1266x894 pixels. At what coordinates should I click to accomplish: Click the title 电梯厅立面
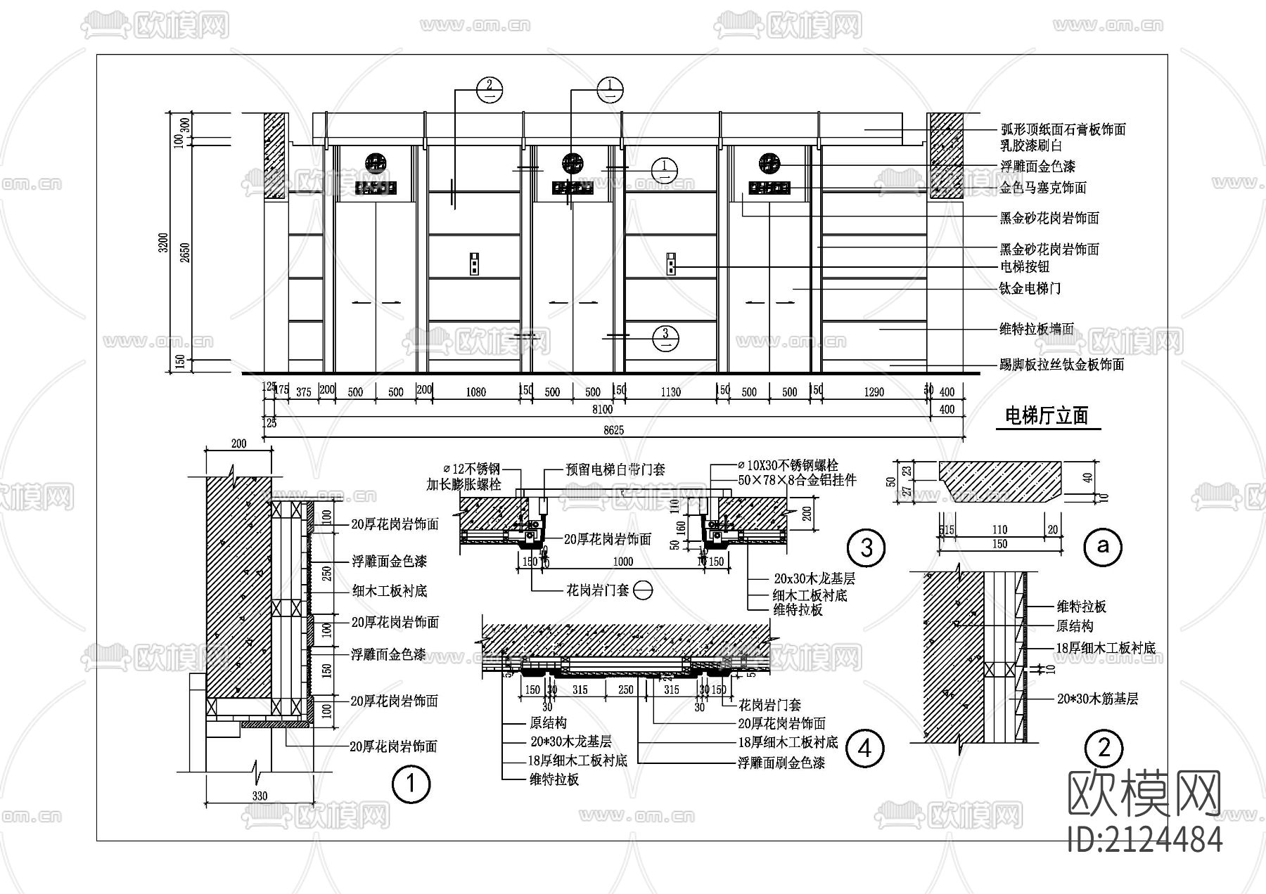pyautogui.click(x=1047, y=416)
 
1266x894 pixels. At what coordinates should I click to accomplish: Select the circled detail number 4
pyautogui.click(x=864, y=748)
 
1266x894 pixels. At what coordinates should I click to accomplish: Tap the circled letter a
pyautogui.click(x=1103, y=545)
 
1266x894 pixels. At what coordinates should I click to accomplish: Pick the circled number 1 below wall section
pyautogui.click(x=410, y=784)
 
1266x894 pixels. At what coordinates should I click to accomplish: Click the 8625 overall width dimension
pyautogui.click(x=613, y=430)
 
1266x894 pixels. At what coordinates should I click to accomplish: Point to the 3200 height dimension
pyautogui.click(x=164, y=242)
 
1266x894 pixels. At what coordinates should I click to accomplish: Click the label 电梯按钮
pyautogui.click(x=1024, y=267)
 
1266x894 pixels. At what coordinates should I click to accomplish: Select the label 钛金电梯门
pyautogui.click(x=1030, y=288)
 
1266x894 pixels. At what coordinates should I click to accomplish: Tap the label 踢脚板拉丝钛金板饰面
pyautogui.click(x=1061, y=365)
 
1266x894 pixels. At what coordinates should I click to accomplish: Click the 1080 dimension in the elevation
pyautogui.click(x=475, y=392)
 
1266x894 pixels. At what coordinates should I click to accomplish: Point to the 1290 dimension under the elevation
pyautogui.click(x=874, y=392)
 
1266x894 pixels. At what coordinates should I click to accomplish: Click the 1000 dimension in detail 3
pyautogui.click(x=622, y=562)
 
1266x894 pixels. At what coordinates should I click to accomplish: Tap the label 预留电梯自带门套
pyautogui.click(x=615, y=469)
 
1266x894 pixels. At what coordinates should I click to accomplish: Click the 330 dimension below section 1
pyautogui.click(x=260, y=796)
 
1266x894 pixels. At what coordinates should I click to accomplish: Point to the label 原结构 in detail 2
pyautogui.click(x=1074, y=626)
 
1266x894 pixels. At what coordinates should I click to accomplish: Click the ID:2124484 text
pyautogui.click(x=1144, y=839)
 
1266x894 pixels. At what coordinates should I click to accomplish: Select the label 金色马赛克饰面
pyautogui.click(x=1042, y=188)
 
